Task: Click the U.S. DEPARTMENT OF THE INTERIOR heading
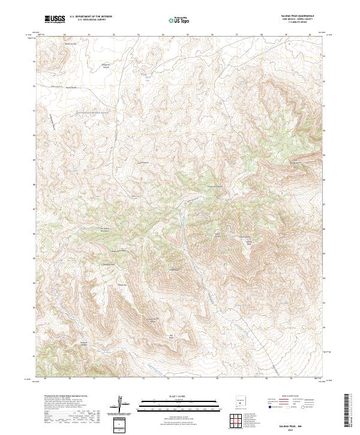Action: [x=90, y=16]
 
